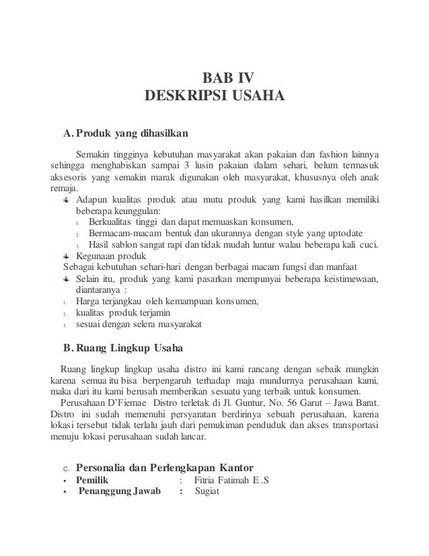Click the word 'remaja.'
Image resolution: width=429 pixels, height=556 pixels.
click(65, 188)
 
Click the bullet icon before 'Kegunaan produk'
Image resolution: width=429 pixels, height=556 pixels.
click(66, 256)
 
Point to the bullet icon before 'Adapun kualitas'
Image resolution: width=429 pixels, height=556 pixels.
click(66, 200)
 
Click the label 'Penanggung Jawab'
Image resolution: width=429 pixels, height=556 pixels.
click(120, 491)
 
